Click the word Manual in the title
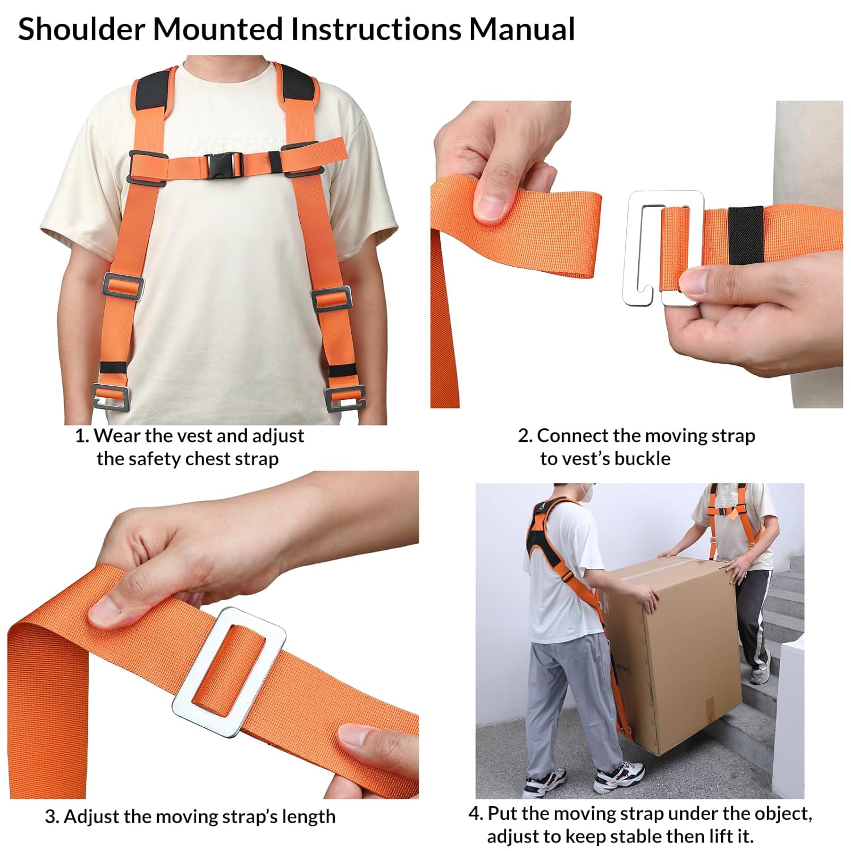pyautogui.click(x=521, y=30)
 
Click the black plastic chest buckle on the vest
pyautogui.click(x=224, y=165)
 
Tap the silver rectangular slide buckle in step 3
pyautogui.click(x=229, y=672)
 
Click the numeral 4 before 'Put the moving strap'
pyautogui.click(x=474, y=814)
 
